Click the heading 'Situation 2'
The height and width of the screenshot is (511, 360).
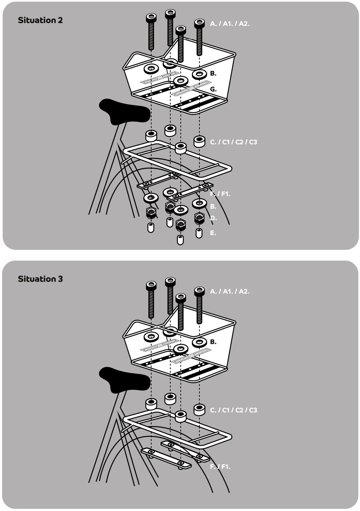click(x=40, y=20)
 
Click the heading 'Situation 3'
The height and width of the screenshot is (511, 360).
click(x=40, y=279)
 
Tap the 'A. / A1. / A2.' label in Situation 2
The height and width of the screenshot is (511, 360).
click(x=230, y=24)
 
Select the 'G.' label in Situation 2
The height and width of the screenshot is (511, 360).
click(x=213, y=89)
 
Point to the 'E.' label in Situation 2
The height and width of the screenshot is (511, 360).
click(x=213, y=233)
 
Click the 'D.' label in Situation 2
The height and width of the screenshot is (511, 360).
click(x=213, y=218)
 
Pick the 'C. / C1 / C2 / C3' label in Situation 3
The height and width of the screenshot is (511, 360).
click(x=234, y=410)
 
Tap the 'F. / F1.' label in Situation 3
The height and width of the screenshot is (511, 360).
click(x=220, y=467)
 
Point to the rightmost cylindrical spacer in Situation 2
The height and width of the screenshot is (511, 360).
click(x=199, y=142)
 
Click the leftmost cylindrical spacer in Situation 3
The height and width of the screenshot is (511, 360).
click(x=151, y=404)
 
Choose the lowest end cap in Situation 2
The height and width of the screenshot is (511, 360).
click(x=180, y=240)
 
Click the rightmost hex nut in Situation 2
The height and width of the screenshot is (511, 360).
click(x=199, y=218)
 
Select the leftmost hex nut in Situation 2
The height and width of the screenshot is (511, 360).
click(x=151, y=213)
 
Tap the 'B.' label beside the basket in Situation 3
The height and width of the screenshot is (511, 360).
click(x=213, y=342)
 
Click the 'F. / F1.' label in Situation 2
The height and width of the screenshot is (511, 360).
click(x=220, y=194)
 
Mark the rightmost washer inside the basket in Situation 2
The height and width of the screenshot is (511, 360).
click(x=199, y=74)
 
